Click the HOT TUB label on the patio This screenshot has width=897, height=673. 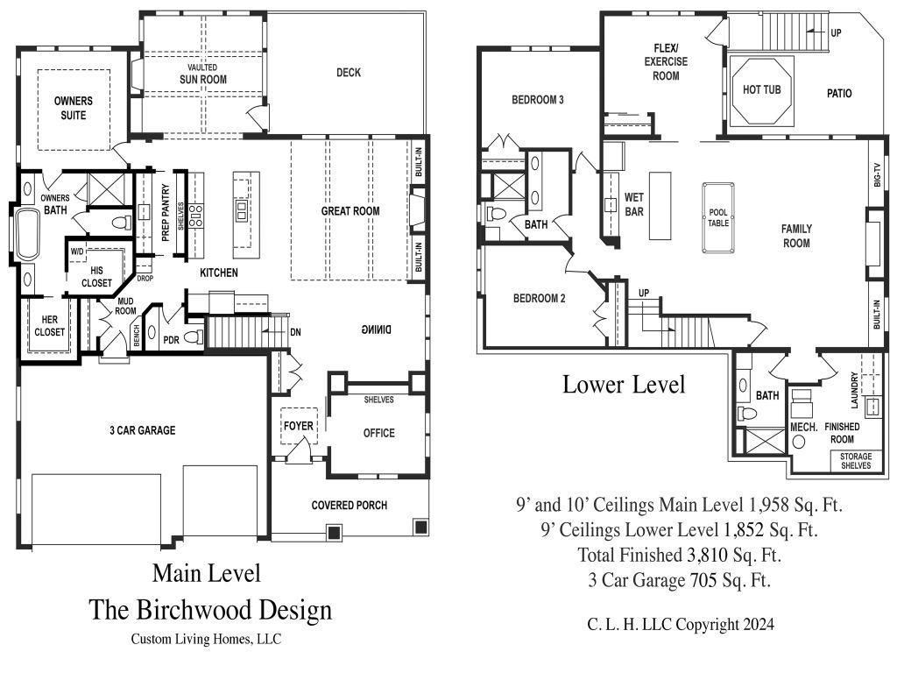(x=761, y=89)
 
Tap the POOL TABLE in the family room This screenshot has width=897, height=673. (x=718, y=217)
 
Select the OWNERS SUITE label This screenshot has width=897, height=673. (x=74, y=108)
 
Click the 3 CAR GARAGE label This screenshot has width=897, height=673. (x=143, y=430)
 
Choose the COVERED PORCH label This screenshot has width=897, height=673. (x=349, y=505)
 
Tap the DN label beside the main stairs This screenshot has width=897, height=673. (x=295, y=332)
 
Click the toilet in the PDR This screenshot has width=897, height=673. (x=194, y=336)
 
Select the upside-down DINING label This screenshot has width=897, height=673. (x=377, y=329)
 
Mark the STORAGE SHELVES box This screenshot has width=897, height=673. (x=856, y=461)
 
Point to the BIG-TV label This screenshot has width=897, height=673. (x=877, y=174)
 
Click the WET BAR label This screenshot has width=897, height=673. (x=634, y=204)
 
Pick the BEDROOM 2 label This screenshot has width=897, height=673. (x=539, y=298)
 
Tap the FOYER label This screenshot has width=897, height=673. (x=299, y=426)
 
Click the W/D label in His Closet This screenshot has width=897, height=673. (x=77, y=251)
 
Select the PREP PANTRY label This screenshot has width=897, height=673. (x=166, y=212)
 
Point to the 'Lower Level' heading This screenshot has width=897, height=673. (x=624, y=384)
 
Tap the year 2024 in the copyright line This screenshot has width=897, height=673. (x=759, y=624)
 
